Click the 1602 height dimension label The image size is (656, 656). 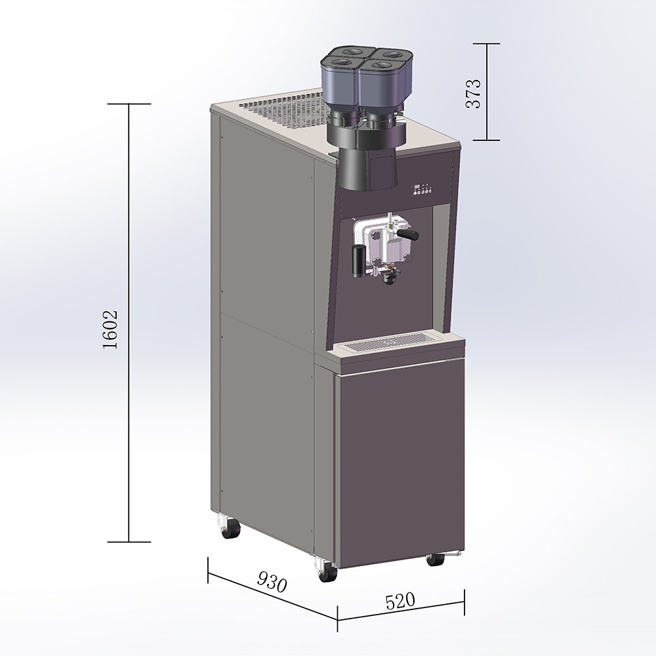[110, 330]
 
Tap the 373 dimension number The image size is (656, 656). [474, 94]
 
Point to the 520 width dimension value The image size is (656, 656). [400, 601]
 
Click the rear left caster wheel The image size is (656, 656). [229, 528]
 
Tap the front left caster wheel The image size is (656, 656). [327, 571]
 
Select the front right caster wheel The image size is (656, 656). [435, 560]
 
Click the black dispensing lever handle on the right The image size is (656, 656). [407, 234]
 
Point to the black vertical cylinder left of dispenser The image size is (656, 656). [358, 261]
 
